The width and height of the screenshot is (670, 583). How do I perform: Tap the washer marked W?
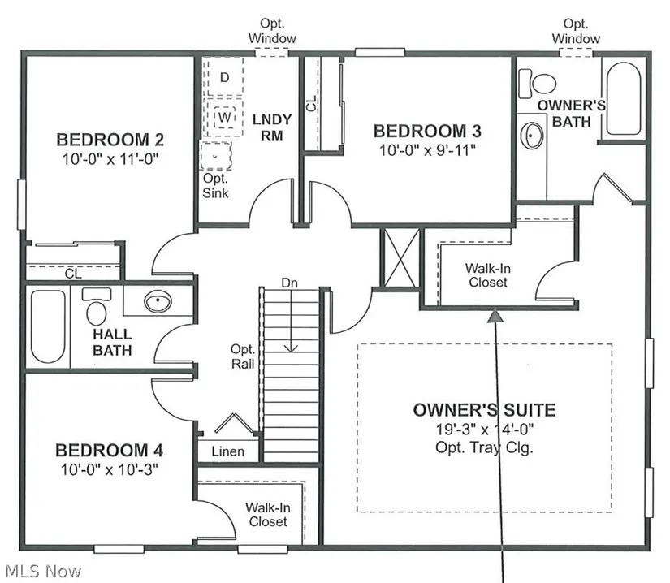[224, 118]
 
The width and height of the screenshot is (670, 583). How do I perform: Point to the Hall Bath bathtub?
[48, 326]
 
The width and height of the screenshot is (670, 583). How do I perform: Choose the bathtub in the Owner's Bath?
[624, 99]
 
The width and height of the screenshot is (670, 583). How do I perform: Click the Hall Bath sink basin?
[158, 301]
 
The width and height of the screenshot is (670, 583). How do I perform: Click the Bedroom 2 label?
[110, 140]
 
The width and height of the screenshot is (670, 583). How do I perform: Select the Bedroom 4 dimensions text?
[110, 469]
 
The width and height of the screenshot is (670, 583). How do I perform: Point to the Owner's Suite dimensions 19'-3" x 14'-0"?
[485, 429]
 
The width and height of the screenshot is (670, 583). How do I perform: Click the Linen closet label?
[227, 451]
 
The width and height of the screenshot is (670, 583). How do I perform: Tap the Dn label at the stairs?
[289, 283]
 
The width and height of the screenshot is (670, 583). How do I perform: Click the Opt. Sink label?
[215, 185]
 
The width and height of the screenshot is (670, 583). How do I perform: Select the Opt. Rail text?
[242, 356]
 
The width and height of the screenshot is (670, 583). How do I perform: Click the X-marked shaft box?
[401, 257]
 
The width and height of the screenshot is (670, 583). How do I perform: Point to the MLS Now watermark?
[44, 571]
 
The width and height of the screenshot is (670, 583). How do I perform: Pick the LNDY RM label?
[272, 127]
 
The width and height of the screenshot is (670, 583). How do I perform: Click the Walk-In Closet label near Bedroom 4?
[268, 515]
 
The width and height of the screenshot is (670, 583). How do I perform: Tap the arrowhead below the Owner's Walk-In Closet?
[495, 315]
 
